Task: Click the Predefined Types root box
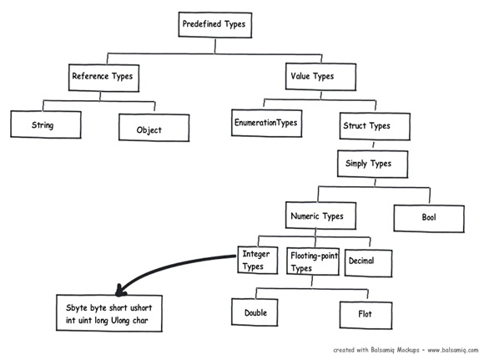[x=214, y=25]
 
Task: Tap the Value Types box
[x=311, y=76]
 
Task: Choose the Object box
[x=149, y=129]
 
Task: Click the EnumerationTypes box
[x=265, y=124]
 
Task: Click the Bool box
[x=429, y=219]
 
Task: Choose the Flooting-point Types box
[x=313, y=261]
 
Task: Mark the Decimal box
[x=361, y=261]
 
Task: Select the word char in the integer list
[x=161, y=319]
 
